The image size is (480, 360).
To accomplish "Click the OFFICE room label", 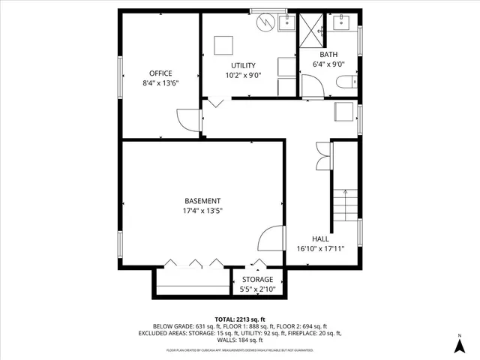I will tap(161, 73).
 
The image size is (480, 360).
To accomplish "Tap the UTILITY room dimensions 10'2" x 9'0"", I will tap(242, 75).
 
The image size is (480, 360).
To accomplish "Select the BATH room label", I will tap(328, 55).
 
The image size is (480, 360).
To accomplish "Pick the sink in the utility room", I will tap(286, 24).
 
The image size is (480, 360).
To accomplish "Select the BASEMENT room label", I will tap(202, 201).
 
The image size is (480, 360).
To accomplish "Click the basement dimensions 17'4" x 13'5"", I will tap(202, 211).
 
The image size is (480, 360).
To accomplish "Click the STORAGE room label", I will tap(256, 279).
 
